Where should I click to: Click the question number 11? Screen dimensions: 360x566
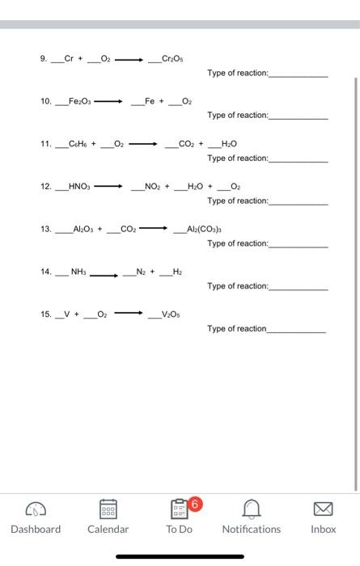coord(45,144)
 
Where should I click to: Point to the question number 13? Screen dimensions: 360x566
coord(45,229)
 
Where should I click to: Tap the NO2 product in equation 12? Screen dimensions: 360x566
coord(153,187)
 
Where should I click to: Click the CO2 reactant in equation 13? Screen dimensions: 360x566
coord(128,229)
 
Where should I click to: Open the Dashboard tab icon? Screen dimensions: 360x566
coord(35,510)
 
